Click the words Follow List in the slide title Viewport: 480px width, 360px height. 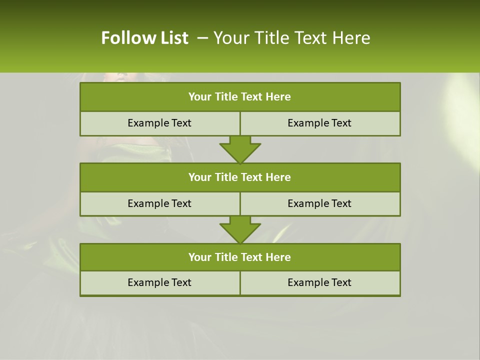144,38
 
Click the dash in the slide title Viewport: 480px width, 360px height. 202,38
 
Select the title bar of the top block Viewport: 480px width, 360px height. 240,97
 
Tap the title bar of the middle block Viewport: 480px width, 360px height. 240,177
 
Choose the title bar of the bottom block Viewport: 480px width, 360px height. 240,257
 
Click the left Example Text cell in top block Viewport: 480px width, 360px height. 159,123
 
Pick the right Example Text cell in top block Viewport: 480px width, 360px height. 319,123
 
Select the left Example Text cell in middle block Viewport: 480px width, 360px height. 159,203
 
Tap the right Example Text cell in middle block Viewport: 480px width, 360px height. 319,203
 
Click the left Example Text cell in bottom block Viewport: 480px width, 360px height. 159,283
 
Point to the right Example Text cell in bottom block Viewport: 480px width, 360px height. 319,283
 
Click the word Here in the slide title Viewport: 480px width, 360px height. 352,38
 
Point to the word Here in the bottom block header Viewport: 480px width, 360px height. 278,257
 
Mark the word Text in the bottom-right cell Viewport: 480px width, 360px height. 341,283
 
